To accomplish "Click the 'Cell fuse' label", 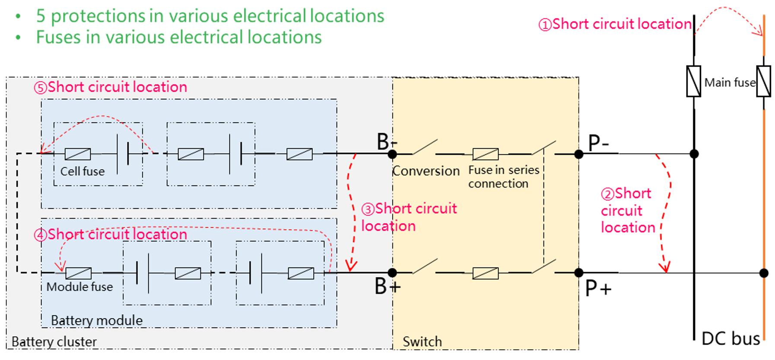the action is point(83,172).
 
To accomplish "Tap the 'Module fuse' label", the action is point(79,287).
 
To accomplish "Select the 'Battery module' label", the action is point(97,320).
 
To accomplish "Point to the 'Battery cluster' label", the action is point(54,341).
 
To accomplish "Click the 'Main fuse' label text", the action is point(730,83).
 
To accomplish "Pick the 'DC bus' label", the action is point(731,339).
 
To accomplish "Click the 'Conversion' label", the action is point(426,171).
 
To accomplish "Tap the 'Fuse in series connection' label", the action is point(504,177).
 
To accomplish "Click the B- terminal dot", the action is point(392,154).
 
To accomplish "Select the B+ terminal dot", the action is point(392,273).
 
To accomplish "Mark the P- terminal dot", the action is point(579,154).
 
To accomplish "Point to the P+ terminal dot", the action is point(579,273).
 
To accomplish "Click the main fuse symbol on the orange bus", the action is point(764,81).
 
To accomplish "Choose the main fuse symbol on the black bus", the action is point(694,81).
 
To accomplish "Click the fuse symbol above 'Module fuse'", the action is point(78,273).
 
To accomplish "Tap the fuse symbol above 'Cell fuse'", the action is point(78,154).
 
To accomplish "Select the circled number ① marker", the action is point(545,25).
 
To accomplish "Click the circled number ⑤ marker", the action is point(41,88).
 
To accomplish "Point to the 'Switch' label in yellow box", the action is point(422,342).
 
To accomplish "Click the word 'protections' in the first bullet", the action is point(98,16).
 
